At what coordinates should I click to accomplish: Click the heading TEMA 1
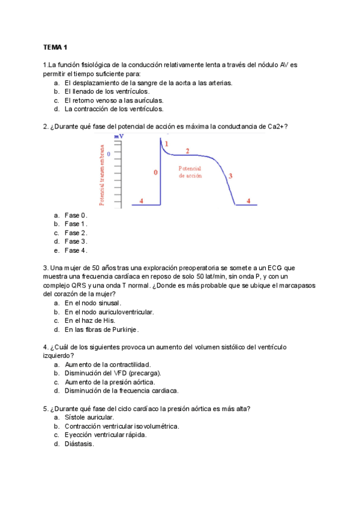point(56,47)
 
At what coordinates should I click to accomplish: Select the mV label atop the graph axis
point(119,137)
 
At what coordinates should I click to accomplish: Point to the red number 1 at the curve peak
point(166,144)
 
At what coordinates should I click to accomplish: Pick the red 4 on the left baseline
point(141,200)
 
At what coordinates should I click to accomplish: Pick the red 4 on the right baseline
point(248,200)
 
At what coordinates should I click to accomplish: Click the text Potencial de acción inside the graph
point(190,173)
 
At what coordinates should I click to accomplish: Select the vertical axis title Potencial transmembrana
point(102,175)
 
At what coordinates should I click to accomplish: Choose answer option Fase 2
point(76,233)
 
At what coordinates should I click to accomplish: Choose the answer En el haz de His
point(90,321)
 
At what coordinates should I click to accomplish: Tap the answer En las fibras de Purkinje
point(101,330)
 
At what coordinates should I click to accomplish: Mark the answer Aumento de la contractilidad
point(107,364)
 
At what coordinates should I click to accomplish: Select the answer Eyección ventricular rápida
point(106,435)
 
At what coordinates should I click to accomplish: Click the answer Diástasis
point(79,444)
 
